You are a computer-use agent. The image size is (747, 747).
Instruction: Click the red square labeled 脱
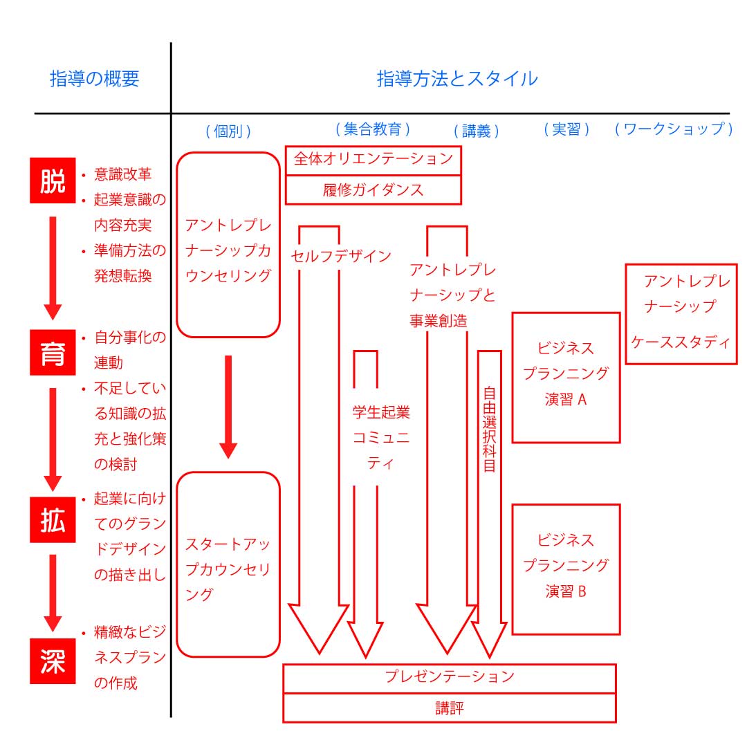pos(53,181)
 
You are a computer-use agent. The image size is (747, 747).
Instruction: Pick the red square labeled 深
pos(53,661)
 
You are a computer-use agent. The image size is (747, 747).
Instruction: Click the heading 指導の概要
pos(95,79)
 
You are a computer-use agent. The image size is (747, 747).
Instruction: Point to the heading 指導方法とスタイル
pos(456,79)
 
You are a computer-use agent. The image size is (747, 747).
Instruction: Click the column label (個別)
pos(228,131)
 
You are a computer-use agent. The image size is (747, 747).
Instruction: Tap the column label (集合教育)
pos(373,129)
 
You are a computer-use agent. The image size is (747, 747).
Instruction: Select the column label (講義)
pos(476,131)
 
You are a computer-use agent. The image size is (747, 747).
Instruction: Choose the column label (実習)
pos(566,129)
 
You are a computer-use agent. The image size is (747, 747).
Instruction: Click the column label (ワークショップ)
pos(674,129)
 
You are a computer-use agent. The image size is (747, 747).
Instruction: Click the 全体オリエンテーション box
pos(373,160)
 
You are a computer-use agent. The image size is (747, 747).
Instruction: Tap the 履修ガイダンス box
pos(373,190)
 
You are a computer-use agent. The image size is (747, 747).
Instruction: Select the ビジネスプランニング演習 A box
pos(566,377)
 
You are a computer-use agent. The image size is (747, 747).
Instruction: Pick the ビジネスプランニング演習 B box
pos(566,569)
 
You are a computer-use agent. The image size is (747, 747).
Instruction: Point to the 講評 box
pos(450,708)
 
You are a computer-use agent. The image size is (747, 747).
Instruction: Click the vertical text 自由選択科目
pos(489,428)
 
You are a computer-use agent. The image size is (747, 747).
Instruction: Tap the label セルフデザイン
pos(340,257)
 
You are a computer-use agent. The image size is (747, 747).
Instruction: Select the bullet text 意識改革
pos(122,174)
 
